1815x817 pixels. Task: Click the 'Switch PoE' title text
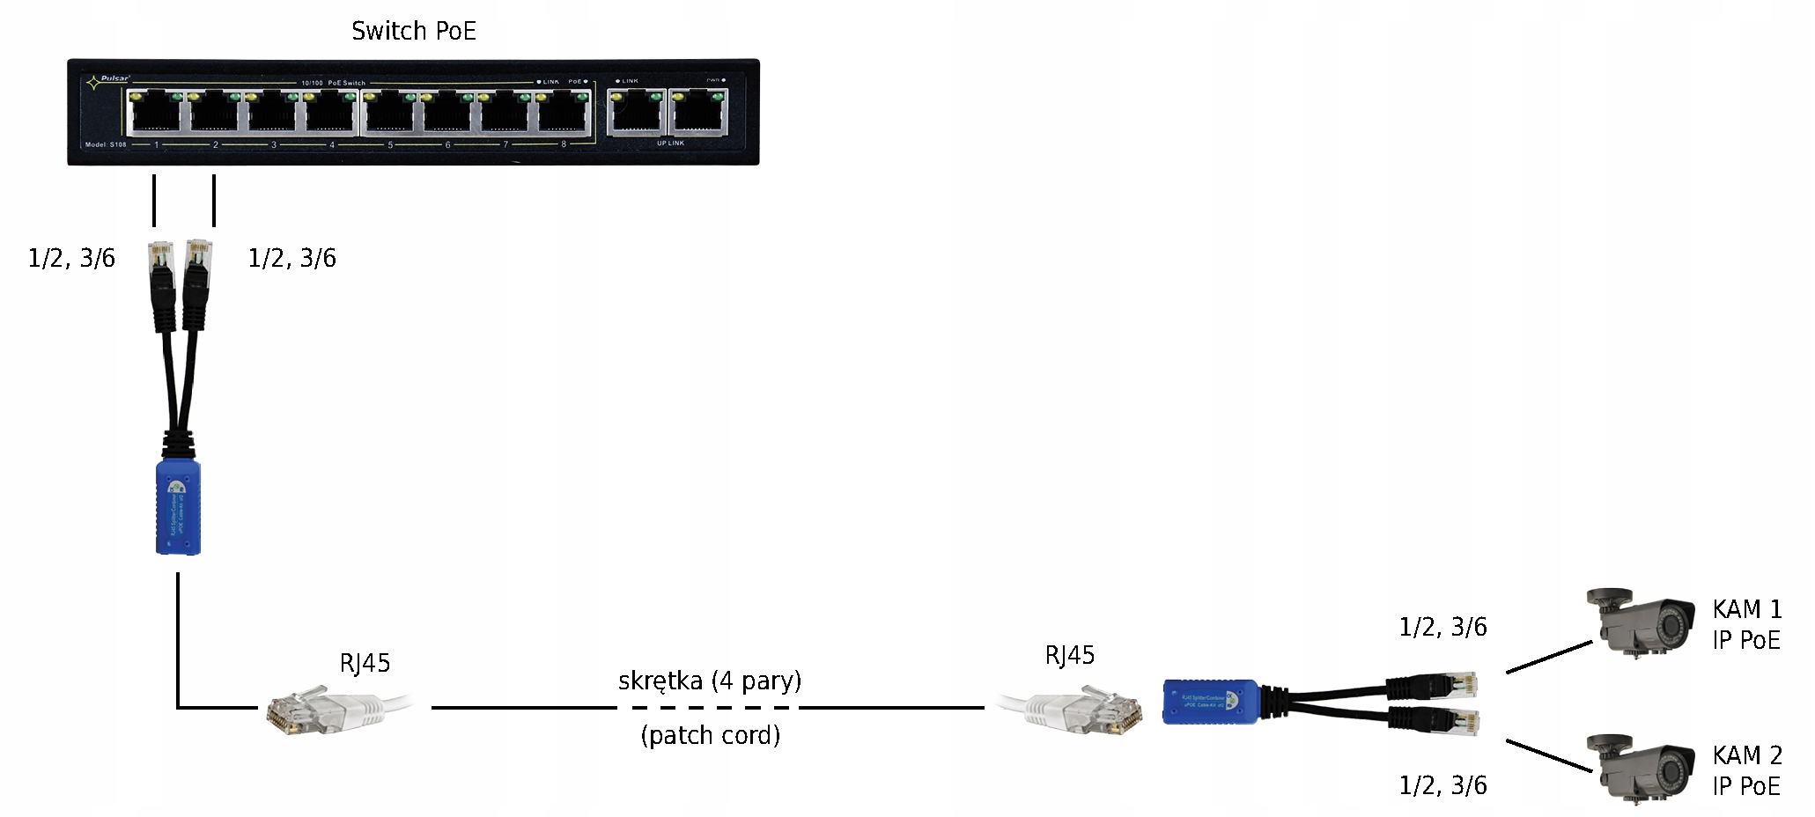pyautogui.click(x=413, y=32)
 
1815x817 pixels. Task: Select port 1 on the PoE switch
pyautogui.click(x=155, y=113)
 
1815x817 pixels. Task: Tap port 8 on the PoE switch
pyautogui.click(x=564, y=113)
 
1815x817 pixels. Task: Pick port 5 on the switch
pyautogui.click(x=389, y=113)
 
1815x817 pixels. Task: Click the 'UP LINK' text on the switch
pyautogui.click(x=670, y=143)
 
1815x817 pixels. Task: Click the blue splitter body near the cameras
pyautogui.click(x=1208, y=701)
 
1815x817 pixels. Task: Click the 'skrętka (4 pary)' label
pyautogui.click(x=710, y=681)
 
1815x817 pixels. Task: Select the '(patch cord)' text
pyautogui.click(x=710, y=735)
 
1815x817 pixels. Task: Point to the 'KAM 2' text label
pyautogui.click(x=1746, y=755)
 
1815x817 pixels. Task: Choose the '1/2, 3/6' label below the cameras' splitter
pyautogui.click(x=1442, y=785)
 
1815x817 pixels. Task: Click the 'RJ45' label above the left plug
pyautogui.click(x=365, y=663)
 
